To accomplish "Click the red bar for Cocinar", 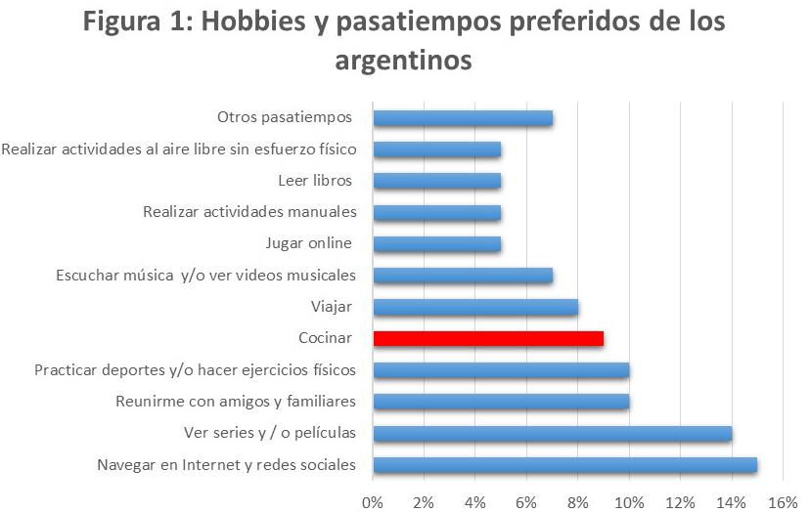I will (488, 338).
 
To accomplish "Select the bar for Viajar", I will (475, 307).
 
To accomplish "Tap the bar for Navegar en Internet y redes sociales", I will (564, 464).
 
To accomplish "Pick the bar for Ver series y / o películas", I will (552, 433).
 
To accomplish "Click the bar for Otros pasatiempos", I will (463, 118).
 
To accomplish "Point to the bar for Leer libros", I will (437, 181).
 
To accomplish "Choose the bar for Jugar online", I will (437, 244).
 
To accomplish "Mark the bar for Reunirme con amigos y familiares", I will (501, 402).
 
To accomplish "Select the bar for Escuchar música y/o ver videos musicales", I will (463, 276).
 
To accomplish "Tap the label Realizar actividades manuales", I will (249, 212).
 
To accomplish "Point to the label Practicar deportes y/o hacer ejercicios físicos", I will (195, 370).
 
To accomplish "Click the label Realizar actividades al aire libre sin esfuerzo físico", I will (179, 150).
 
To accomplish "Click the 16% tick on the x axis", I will (784, 501).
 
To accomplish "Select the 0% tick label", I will (373, 501).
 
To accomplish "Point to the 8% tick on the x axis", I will (578, 501).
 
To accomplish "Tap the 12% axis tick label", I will (681, 501).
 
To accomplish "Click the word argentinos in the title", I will (404, 61).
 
